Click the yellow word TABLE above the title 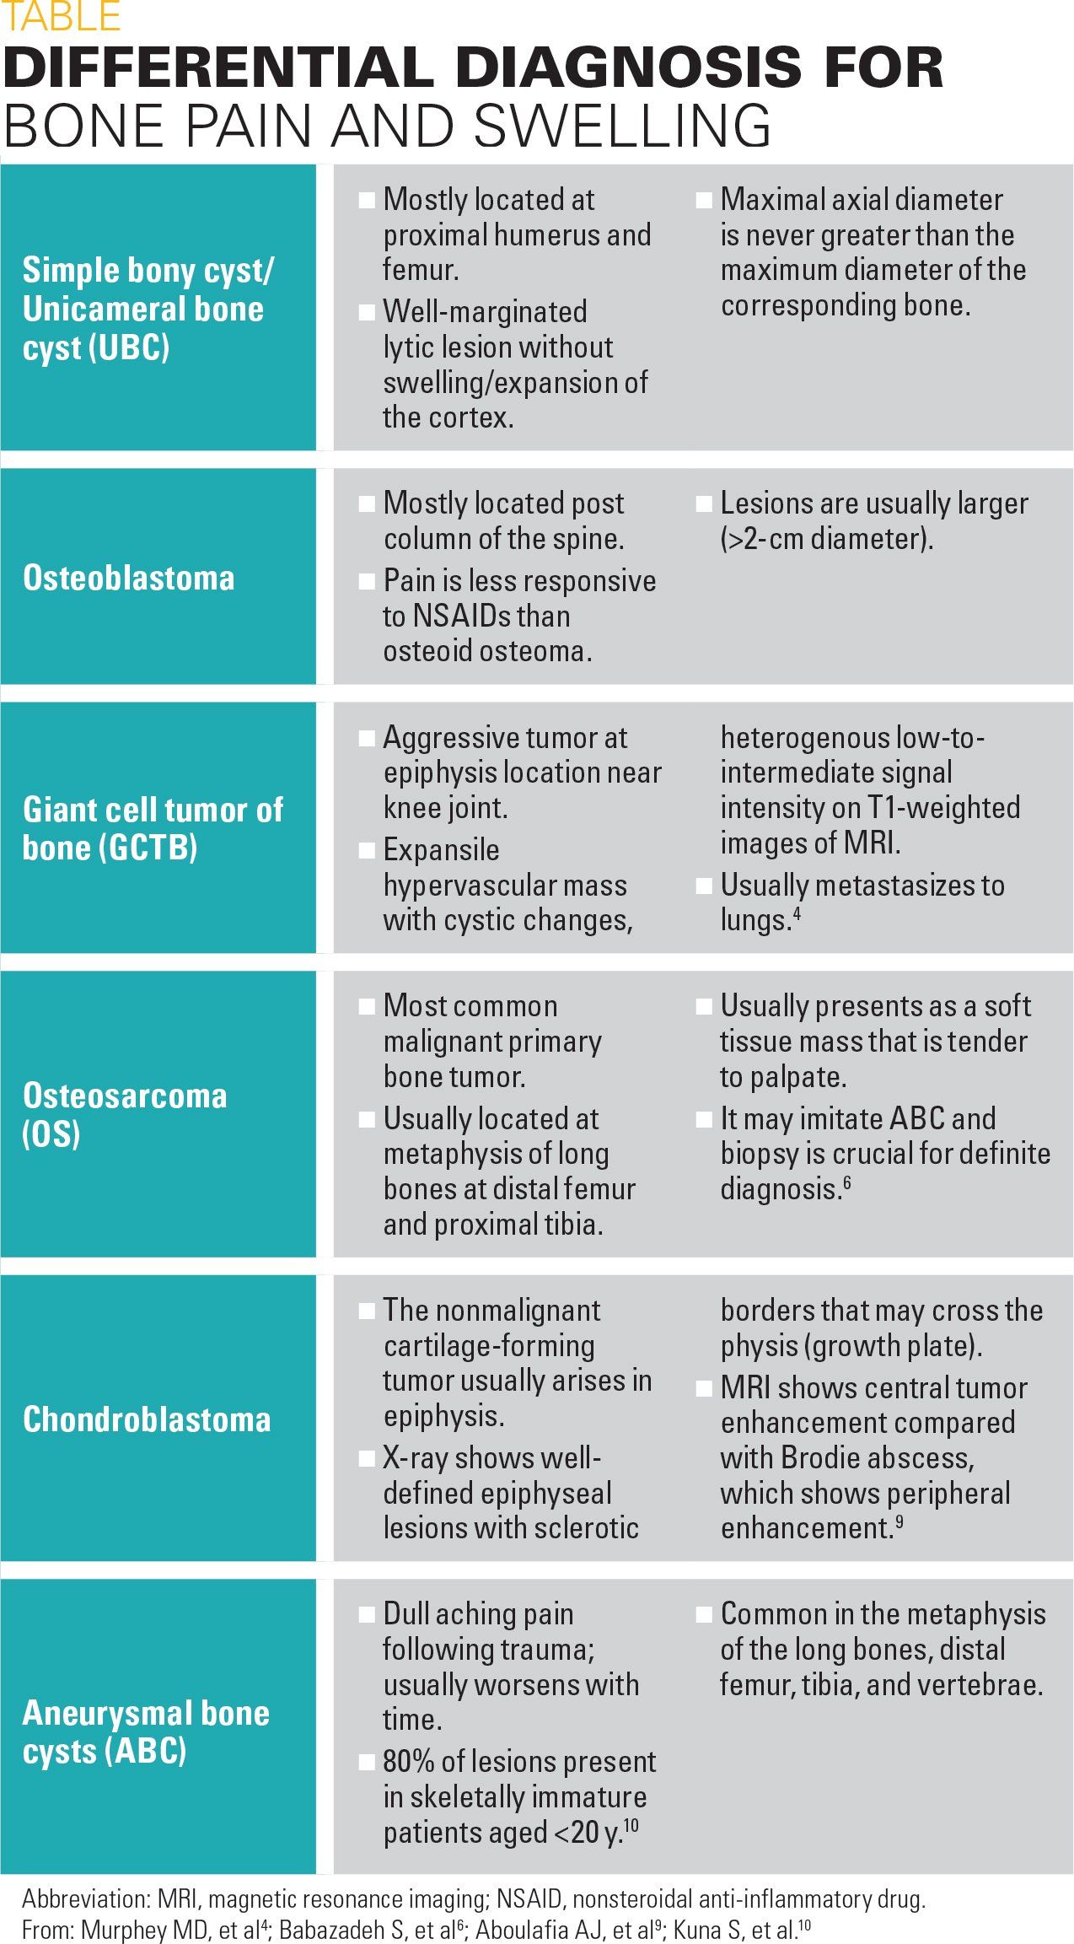(x=62, y=17)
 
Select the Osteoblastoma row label (x=128, y=578)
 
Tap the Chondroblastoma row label (x=147, y=1419)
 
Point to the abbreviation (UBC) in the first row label (x=133, y=347)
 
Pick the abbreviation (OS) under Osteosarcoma (x=51, y=1134)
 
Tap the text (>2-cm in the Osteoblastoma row (x=762, y=538)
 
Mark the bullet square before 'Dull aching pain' (x=367, y=1614)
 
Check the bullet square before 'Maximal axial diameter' (x=704, y=200)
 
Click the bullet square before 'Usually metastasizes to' (x=704, y=886)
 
